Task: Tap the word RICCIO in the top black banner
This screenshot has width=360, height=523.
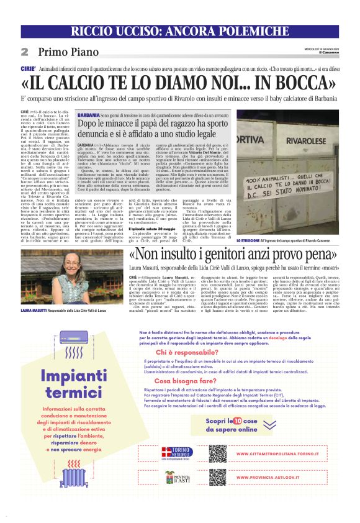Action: (x=96, y=32)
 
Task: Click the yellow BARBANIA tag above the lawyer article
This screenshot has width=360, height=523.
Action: (x=86, y=115)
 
